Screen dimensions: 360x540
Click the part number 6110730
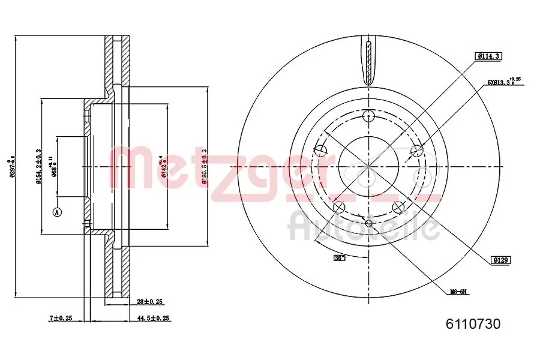pos(473,325)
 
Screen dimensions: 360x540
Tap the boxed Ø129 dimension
pos(500,260)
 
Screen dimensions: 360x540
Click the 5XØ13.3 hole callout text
pos(503,83)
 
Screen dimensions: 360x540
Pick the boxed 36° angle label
pos(340,258)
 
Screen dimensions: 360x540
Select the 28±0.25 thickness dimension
pos(151,301)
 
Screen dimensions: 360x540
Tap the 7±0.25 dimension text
pos(60,318)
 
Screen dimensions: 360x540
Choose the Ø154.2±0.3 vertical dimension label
pos(38,167)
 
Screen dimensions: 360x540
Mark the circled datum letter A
pos(58,212)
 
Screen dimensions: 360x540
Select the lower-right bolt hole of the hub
pos(398,207)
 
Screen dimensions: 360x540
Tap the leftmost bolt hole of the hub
pos(322,150)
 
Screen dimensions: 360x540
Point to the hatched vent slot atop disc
pos(368,60)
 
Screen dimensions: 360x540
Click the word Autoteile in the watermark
pos(364,227)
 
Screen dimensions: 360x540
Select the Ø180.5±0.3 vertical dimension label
pos(205,167)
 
